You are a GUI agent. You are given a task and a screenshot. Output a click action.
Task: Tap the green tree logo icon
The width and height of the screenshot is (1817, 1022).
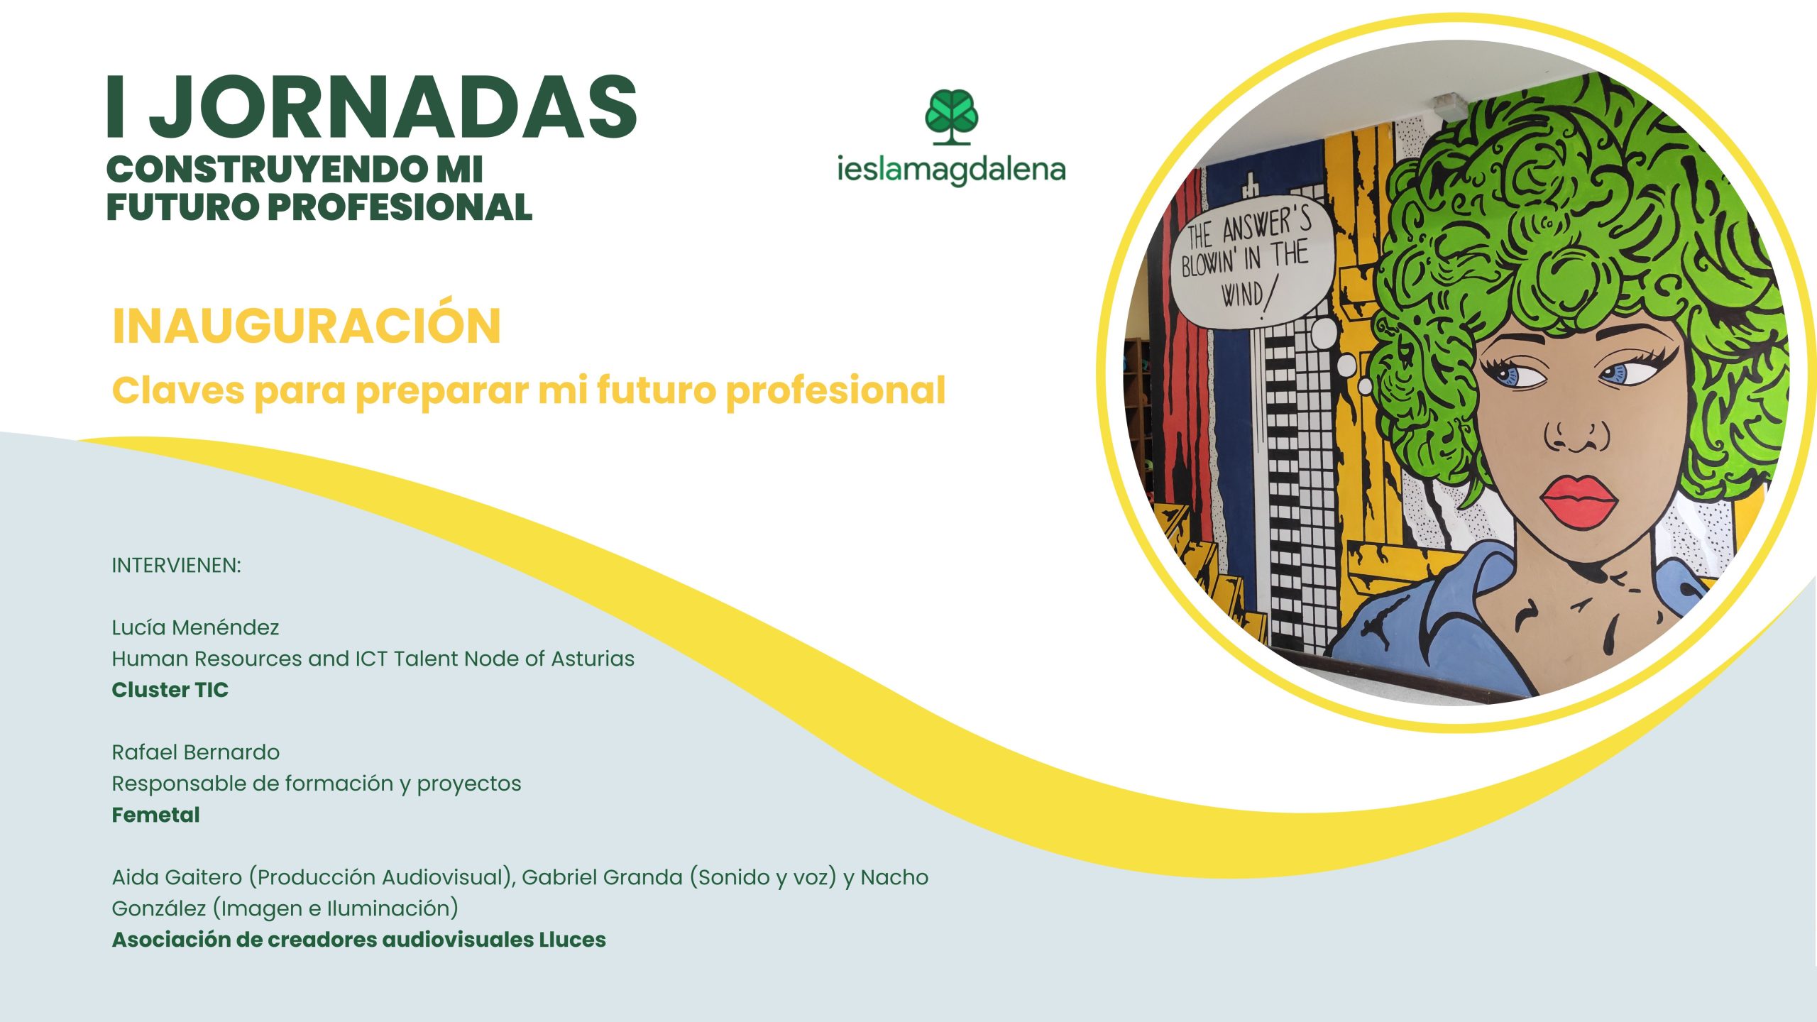coord(951,117)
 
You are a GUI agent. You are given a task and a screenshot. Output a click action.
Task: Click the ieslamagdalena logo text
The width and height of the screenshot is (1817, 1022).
coord(951,170)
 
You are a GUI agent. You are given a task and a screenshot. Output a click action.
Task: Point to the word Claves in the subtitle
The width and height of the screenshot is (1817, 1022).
coord(178,390)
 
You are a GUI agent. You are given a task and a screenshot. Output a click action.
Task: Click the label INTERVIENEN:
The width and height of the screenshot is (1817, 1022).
coord(176,566)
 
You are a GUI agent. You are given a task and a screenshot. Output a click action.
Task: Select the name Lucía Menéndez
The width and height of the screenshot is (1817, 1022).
coord(195,627)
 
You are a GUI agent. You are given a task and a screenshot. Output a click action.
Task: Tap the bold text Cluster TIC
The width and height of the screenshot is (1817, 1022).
coord(170,690)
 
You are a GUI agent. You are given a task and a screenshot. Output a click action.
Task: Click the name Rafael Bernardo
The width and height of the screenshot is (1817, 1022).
coord(196,752)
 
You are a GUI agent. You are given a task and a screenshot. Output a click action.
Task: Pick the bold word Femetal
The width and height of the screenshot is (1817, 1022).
coord(155,815)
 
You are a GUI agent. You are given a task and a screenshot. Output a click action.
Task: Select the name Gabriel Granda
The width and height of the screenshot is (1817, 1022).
coord(602,877)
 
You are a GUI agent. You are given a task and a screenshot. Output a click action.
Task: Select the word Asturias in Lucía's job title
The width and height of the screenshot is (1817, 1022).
coord(593,659)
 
